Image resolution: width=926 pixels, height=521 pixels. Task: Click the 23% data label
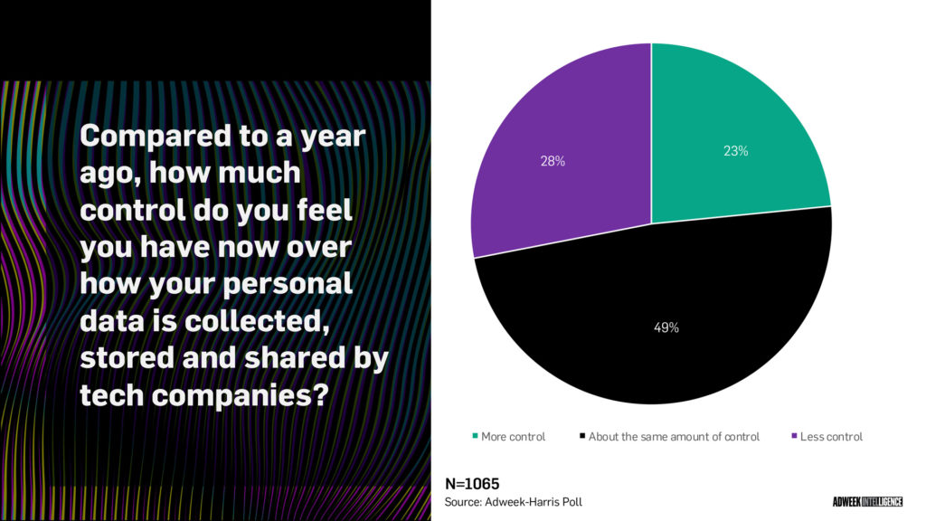735,152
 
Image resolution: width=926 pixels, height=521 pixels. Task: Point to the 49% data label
666,327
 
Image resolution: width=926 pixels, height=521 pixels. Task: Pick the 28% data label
553,162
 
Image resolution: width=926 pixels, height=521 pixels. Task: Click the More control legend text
513,437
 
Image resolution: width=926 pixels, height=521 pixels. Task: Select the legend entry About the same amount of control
674,437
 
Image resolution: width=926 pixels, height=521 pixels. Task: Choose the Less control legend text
831,437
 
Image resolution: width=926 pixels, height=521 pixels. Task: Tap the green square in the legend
475,437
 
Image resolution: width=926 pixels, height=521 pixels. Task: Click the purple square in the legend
794,437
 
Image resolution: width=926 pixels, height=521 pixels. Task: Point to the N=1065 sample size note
472,484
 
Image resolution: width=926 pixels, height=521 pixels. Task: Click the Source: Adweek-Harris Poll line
520,501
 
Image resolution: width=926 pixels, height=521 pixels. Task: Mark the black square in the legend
581,437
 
